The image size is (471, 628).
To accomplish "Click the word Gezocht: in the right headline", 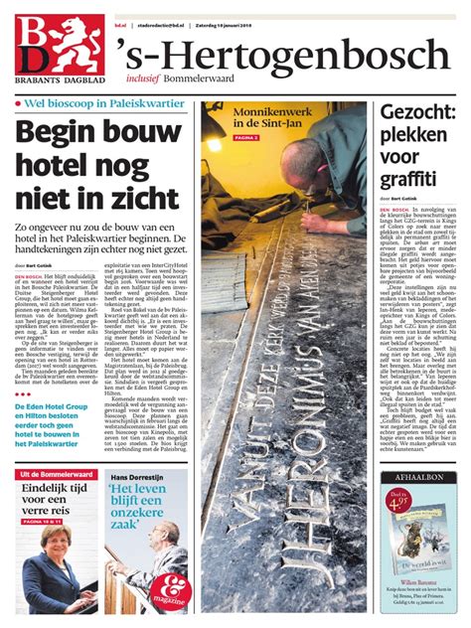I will click(416, 113).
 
